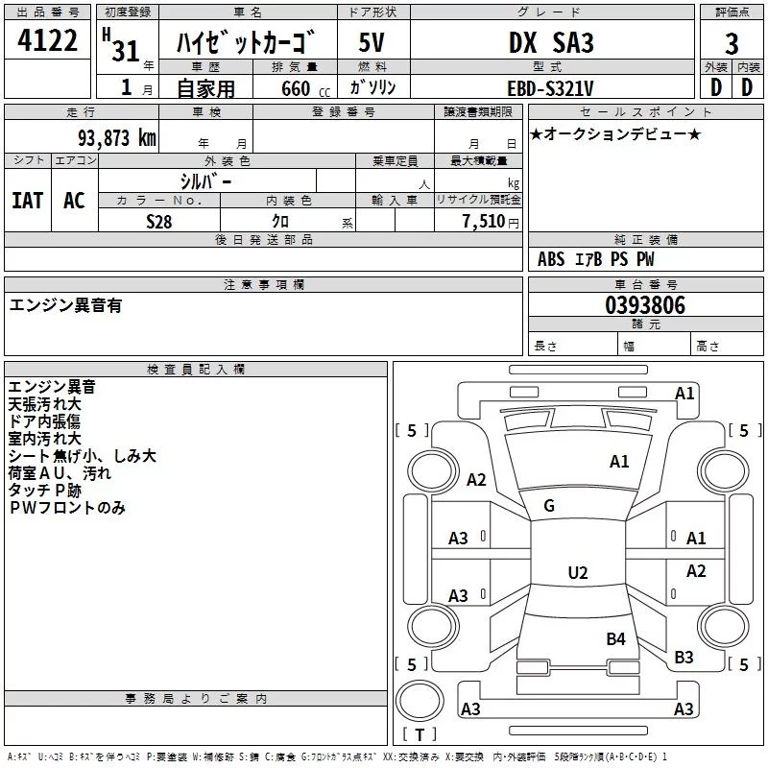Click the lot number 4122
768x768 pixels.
click(47, 40)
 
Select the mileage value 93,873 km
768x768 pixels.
click(117, 138)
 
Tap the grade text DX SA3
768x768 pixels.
click(551, 42)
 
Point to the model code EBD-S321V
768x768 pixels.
click(550, 88)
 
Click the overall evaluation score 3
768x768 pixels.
click(732, 44)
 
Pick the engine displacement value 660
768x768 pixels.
click(296, 88)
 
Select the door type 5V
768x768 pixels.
click(372, 42)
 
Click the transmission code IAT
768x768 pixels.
click(28, 201)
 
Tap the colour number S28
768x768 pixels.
click(159, 222)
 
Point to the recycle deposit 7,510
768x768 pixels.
click(484, 222)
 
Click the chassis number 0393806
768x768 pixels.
click(645, 305)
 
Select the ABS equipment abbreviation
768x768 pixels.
click(551, 259)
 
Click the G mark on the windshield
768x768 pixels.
click(549, 506)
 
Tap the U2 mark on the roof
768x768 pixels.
click(578, 572)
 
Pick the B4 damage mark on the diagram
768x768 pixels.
click(615, 639)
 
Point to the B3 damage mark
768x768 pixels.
click(684, 658)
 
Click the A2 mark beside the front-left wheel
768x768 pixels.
click(476, 479)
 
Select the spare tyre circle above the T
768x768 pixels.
click(420, 701)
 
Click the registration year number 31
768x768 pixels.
click(126, 51)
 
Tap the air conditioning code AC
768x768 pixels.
click(75, 201)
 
